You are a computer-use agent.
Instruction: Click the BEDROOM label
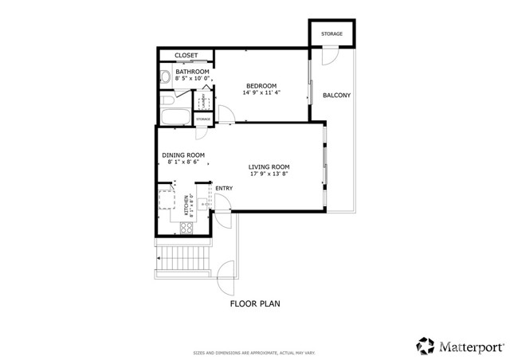point(261,86)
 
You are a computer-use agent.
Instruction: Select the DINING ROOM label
point(183,155)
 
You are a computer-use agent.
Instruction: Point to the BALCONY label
point(336,96)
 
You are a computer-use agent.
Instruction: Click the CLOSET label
point(186,55)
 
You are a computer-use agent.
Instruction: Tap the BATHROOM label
point(192,72)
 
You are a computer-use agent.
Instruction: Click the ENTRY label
point(224,189)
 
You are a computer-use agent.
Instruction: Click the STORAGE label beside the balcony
point(331,34)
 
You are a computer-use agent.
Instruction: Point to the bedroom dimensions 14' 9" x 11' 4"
point(261,93)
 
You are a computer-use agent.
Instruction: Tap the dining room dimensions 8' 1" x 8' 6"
point(183,162)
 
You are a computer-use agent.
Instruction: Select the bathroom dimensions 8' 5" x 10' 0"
point(192,79)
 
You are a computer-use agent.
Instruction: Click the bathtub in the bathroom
point(175,118)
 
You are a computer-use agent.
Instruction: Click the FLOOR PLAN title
point(255,303)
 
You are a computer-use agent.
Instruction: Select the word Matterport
point(471,346)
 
